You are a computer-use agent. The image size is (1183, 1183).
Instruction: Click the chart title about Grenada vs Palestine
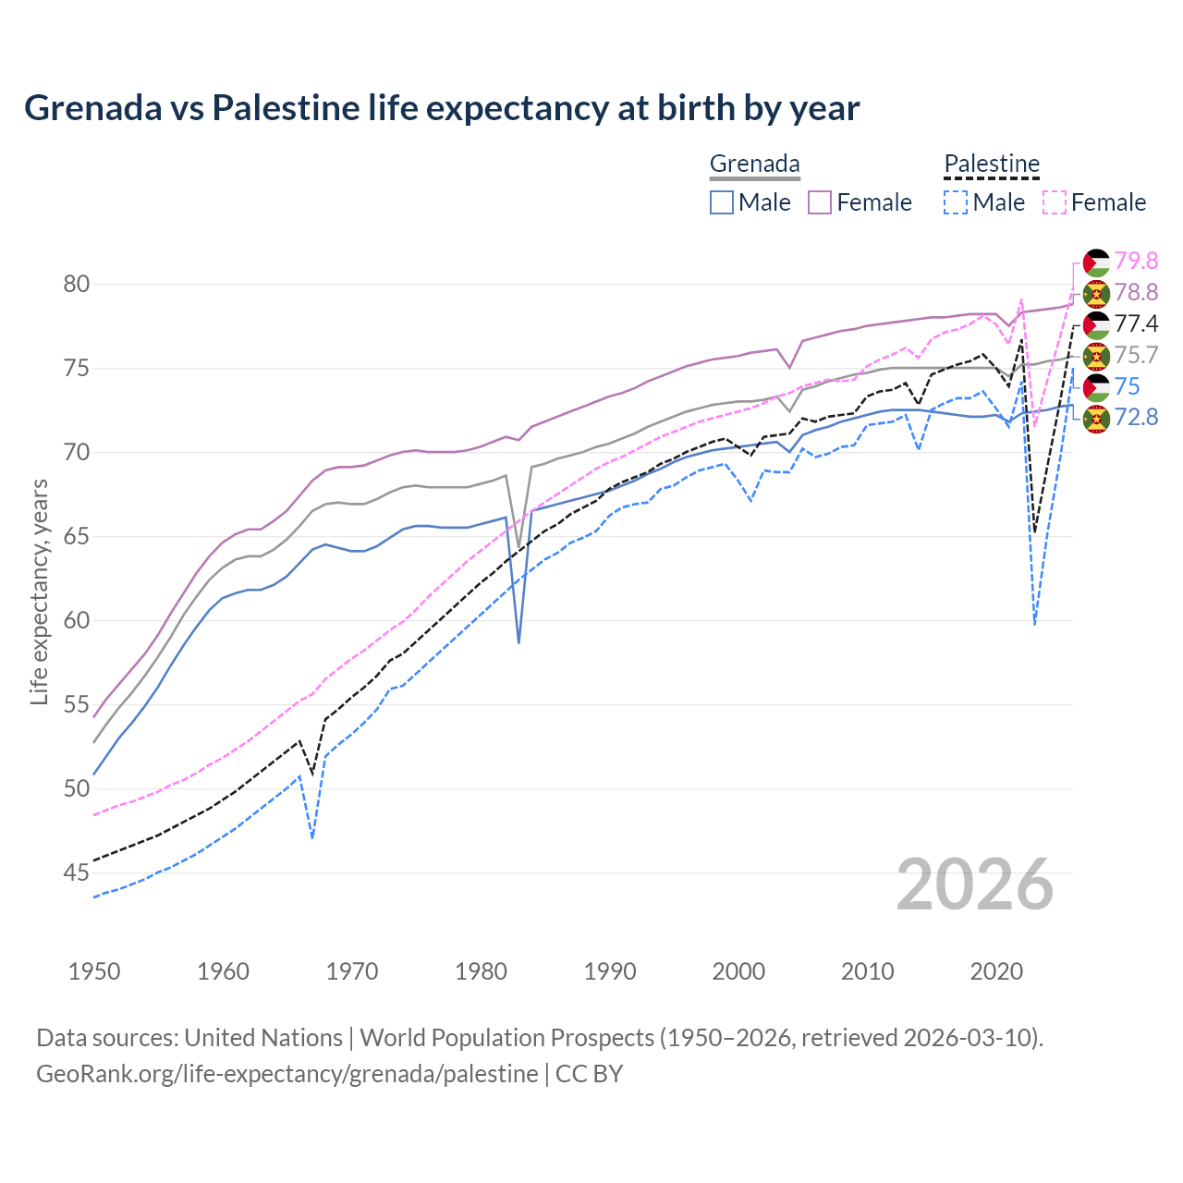click(442, 108)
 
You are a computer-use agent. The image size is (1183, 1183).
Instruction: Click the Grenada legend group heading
click(754, 165)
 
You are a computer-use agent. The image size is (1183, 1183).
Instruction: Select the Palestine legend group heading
click(992, 165)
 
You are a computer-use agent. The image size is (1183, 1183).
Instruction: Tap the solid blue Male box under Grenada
click(722, 202)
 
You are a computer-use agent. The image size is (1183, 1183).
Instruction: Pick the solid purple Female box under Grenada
click(821, 202)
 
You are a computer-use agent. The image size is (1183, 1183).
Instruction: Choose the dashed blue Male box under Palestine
click(956, 202)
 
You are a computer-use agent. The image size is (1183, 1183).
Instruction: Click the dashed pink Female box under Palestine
click(1055, 202)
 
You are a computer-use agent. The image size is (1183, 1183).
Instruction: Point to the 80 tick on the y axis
click(77, 284)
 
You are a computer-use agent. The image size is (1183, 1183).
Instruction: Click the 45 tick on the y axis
click(77, 872)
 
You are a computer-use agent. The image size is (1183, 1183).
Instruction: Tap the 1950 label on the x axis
click(94, 971)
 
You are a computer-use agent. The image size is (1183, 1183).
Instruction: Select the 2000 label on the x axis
click(738, 971)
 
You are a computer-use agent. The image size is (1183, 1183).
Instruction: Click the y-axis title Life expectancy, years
click(39, 591)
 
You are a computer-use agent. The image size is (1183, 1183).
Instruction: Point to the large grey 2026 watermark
click(975, 884)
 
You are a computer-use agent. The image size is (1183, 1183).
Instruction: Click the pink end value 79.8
click(1136, 262)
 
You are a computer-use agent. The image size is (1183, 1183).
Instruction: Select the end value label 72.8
click(1136, 418)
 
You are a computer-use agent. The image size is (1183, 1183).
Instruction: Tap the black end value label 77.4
click(1136, 323)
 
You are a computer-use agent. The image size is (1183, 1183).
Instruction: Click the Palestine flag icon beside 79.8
click(1096, 262)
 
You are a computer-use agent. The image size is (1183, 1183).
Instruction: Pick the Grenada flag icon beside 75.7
click(1096, 356)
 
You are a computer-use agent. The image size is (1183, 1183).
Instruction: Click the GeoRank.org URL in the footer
click(287, 1074)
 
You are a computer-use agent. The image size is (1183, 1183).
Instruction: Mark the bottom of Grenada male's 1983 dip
click(518, 642)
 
